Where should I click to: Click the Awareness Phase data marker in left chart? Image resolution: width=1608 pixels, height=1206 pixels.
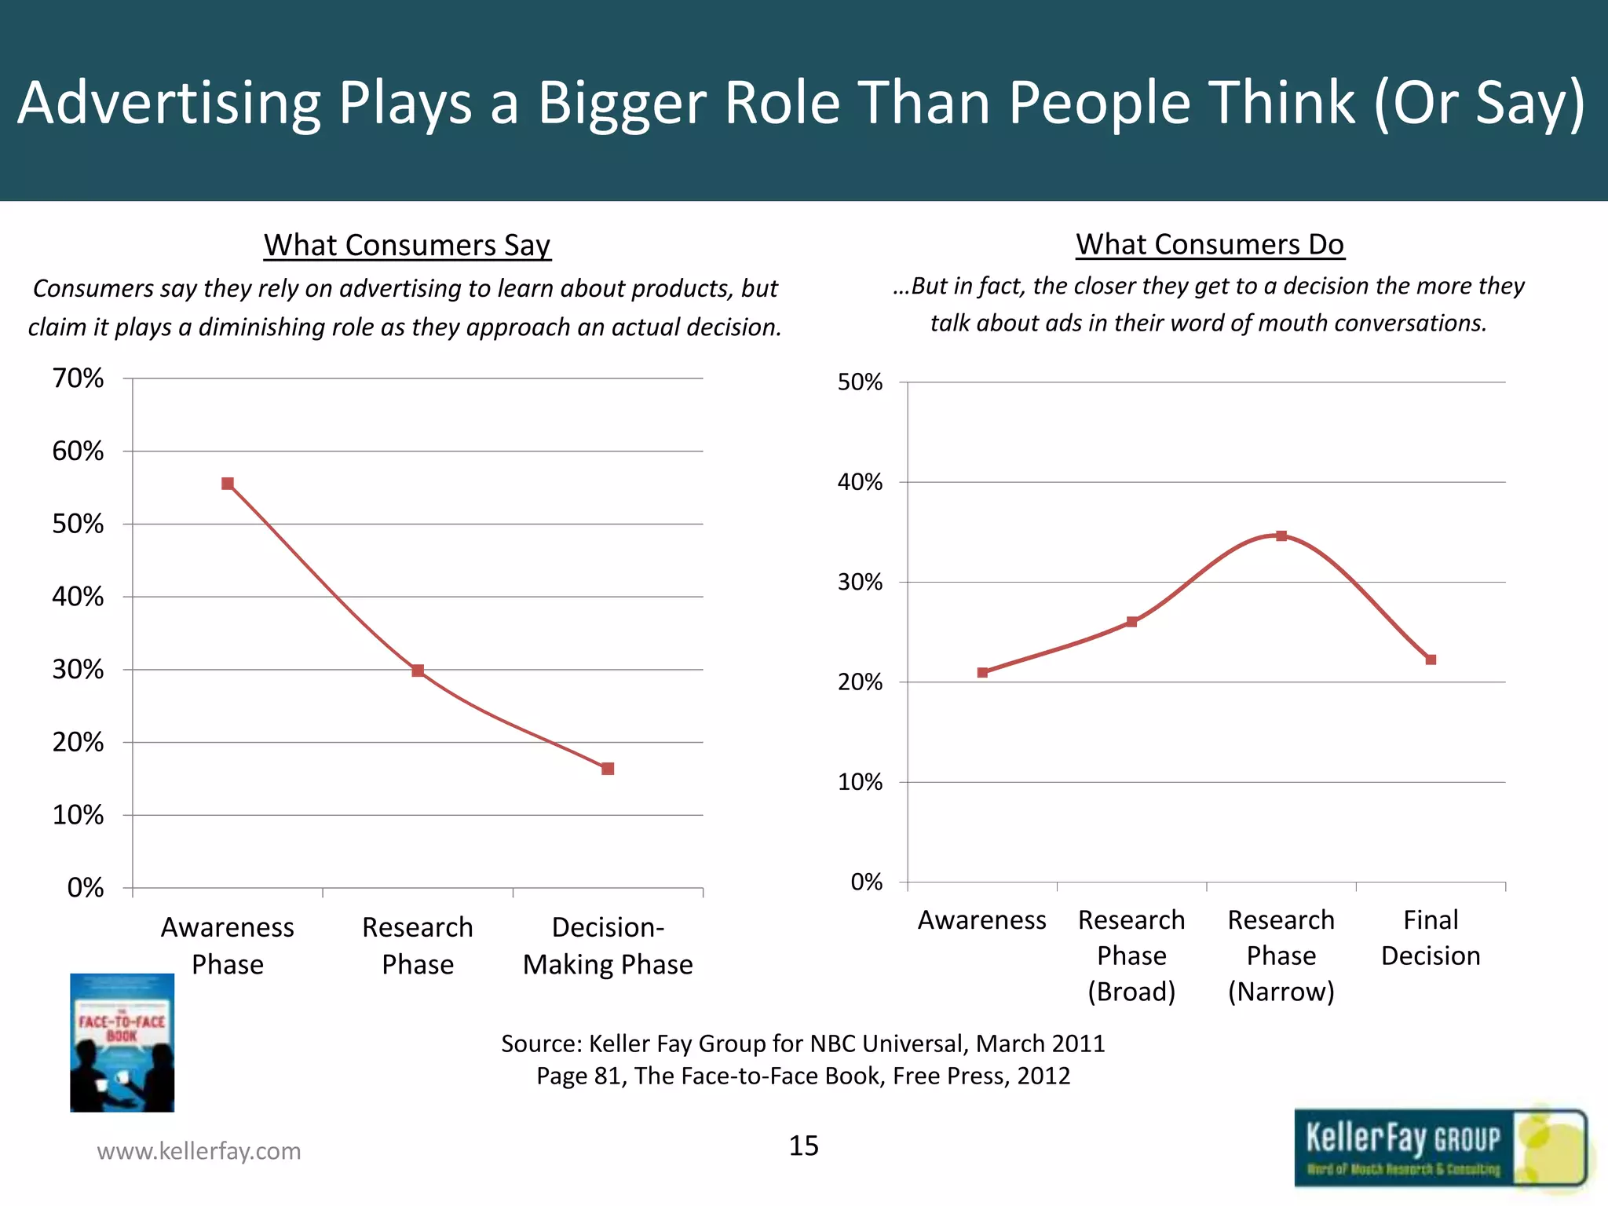[x=228, y=484]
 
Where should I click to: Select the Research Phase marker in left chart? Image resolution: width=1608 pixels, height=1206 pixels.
[x=418, y=671]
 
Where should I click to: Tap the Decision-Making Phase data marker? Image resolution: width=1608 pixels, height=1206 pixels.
[x=608, y=769]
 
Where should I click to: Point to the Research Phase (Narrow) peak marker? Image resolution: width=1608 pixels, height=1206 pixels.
[x=1281, y=536]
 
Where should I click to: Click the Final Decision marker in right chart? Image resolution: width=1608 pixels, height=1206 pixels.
[x=1431, y=660]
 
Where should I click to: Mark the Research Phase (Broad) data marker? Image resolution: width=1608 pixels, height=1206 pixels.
[x=1131, y=622]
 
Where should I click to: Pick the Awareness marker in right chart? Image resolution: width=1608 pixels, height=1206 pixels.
[x=982, y=672]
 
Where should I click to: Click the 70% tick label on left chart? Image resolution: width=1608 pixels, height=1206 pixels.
[x=78, y=378]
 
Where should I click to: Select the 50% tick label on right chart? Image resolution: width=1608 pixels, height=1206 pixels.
[x=860, y=382]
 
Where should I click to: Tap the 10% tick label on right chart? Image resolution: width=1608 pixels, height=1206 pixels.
[x=860, y=782]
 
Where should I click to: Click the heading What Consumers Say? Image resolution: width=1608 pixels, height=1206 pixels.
[x=407, y=245]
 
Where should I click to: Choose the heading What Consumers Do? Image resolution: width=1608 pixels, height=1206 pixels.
[x=1210, y=244]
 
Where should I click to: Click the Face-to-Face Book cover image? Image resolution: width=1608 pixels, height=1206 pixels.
[x=122, y=1043]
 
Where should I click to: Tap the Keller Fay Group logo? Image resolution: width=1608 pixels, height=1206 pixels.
[x=1440, y=1148]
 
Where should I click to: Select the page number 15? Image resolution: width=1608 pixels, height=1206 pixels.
[x=803, y=1146]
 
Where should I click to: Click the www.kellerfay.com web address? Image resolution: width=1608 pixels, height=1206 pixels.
[x=199, y=1151]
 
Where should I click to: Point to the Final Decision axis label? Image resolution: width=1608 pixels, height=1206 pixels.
[x=1431, y=937]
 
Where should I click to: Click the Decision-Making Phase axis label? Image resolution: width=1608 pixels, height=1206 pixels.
[x=608, y=945]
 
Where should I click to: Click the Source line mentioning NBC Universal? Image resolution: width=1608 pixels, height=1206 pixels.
[x=803, y=1043]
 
